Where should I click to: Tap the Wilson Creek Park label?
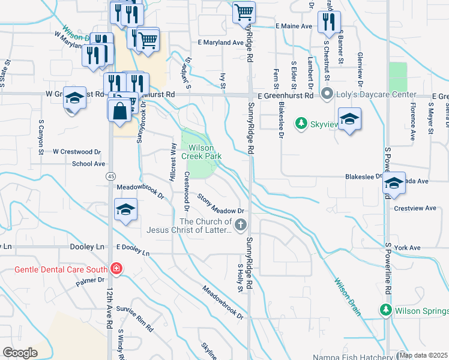point(205,152)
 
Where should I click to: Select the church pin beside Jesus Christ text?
point(241,225)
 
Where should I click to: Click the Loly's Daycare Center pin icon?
point(327,95)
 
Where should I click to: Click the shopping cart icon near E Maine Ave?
point(244,11)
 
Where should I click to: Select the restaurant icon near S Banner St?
point(328,22)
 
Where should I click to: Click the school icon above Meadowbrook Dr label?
point(126,209)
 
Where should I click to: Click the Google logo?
point(20,352)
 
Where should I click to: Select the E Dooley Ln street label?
point(133,250)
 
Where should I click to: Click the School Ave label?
point(88,163)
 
